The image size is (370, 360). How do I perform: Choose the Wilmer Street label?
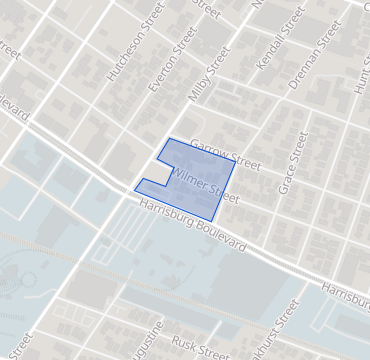pyautogui.click(x=207, y=187)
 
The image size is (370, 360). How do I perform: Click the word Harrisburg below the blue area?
pyautogui.click(x=166, y=213)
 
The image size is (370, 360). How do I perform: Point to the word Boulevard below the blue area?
pyautogui.click(x=221, y=236)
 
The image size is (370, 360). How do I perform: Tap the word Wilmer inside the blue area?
pyautogui.click(x=191, y=180)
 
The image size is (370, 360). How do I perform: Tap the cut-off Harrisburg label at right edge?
pyautogui.click(x=345, y=289)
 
